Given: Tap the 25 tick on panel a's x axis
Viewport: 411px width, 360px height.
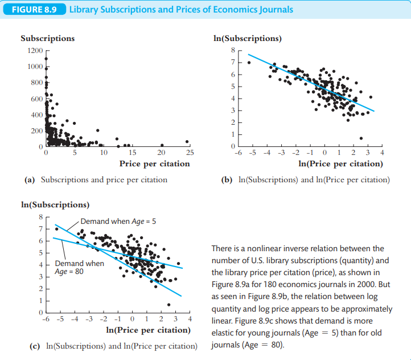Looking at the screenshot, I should [190, 153].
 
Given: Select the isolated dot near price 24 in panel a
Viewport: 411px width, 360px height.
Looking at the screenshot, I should [187, 142].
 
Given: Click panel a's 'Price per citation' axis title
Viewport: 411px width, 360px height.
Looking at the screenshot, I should [154, 164].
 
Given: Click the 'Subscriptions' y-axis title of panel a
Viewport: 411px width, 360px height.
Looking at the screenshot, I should [47, 38].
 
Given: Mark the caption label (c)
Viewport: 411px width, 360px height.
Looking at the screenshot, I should [34, 346].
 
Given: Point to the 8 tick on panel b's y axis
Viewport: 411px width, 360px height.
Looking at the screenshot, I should [232, 51].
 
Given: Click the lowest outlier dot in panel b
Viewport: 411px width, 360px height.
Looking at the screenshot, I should [361, 138].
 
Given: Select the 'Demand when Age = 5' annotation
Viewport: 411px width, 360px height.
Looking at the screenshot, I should [113, 221].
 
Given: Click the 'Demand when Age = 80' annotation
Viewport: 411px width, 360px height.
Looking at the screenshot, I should [79, 268].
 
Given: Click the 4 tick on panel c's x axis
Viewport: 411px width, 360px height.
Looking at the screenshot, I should [190, 319].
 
